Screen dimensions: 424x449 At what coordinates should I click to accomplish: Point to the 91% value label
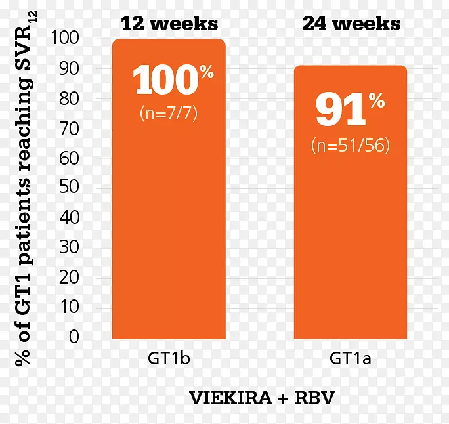click(348, 110)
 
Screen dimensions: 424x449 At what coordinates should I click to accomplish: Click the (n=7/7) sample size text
click(169, 113)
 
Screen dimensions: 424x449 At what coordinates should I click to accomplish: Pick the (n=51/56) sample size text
click(351, 145)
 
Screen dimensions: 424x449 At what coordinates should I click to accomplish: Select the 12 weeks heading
click(169, 24)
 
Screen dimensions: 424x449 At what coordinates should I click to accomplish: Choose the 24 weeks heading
click(351, 24)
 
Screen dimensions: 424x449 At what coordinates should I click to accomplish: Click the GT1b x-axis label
click(169, 359)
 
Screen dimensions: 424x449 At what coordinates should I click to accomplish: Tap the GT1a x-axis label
click(351, 359)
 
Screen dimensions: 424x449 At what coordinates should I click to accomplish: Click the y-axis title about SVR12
click(24, 190)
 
